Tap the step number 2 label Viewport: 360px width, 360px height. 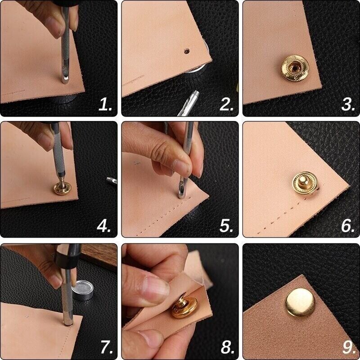[226, 105]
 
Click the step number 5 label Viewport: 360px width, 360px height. [226, 226]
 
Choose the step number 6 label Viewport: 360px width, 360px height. [348, 226]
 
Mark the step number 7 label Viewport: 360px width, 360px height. [106, 347]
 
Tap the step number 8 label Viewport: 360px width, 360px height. [226, 347]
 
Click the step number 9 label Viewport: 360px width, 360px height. [348, 347]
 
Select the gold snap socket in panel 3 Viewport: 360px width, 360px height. [295, 67]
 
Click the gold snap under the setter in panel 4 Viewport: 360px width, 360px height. [64, 188]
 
